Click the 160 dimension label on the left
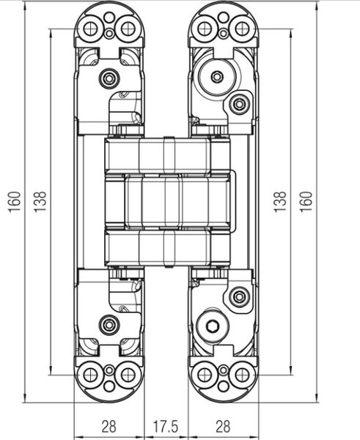(x=15, y=202)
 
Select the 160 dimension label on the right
(x=306, y=202)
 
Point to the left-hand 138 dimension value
(x=40, y=202)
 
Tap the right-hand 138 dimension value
(x=280, y=202)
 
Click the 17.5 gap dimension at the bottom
(x=165, y=426)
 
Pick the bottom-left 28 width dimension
(x=109, y=426)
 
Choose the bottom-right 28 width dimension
(x=223, y=426)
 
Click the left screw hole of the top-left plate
(x=90, y=29)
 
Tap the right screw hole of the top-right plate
(x=242, y=29)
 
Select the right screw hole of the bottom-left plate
(x=128, y=375)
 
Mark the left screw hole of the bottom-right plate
(x=205, y=375)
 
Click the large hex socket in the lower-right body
(x=213, y=326)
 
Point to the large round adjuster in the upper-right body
(x=216, y=76)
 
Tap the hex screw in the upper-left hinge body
(x=109, y=78)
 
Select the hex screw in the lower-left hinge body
(x=109, y=325)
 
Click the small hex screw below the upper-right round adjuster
(x=239, y=104)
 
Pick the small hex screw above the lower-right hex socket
(x=239, y=297)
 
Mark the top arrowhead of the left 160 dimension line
(x=25, y=6)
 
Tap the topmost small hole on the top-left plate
(x=109, y=18)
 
